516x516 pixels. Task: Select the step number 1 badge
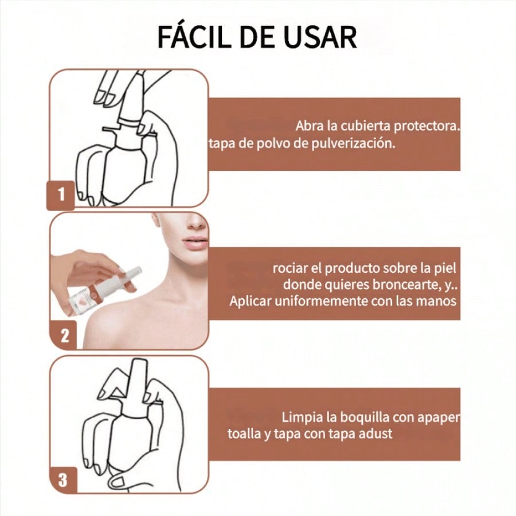[61, 195]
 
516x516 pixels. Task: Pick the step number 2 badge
[63, 335]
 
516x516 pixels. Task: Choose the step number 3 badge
[63, 480]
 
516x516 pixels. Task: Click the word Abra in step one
[310, 126]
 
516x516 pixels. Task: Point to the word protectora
[427, 126]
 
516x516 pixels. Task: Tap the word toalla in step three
[244, 434]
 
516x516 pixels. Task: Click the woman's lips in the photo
[194, 244]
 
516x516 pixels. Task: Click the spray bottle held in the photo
[105, 285]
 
